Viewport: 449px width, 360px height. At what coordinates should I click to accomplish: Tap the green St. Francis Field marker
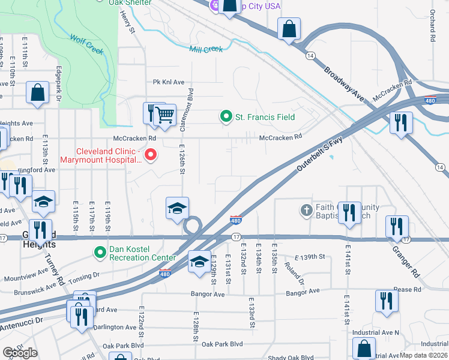click(x=226, y=116)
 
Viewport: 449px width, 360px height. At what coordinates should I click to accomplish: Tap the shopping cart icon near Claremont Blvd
click(x=164, y=114)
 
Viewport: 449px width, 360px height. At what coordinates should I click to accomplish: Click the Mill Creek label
click(x=206, y=49)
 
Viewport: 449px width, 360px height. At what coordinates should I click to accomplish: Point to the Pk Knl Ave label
click(x=168, y=82)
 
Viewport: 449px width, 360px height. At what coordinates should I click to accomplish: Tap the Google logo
click(x=20, y=353)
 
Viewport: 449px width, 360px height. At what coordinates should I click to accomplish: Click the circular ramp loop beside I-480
click(x=193, y=227)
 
